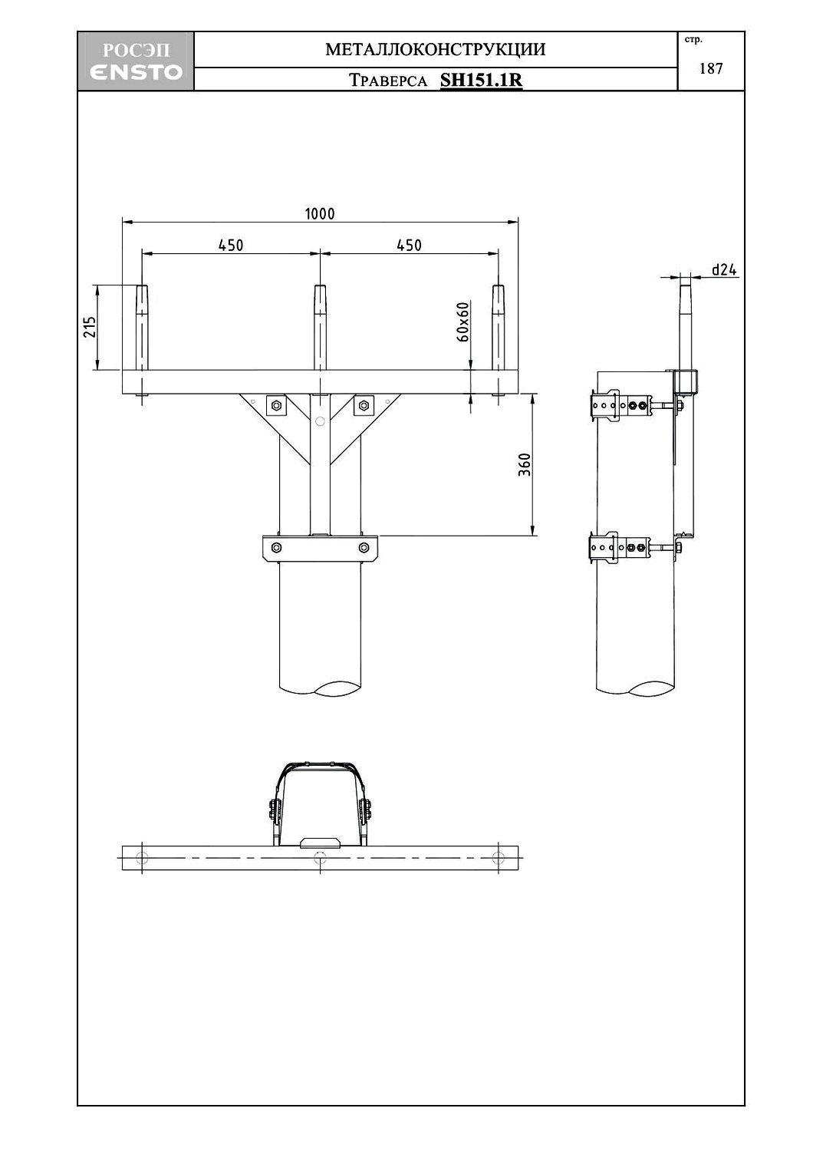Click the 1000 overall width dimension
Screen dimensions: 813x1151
point(320,213)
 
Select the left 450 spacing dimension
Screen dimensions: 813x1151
point(231,245)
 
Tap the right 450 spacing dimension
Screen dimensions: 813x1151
point(409,245)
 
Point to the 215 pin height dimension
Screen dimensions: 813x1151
point(90,327)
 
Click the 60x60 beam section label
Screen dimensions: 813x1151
point(462,322)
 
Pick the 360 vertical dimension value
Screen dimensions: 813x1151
point(525,464)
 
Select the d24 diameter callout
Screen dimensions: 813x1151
point(724,269)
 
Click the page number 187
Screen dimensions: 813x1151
point(711,68)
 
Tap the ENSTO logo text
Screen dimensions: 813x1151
point(136,72)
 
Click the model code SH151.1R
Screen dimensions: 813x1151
point(481,80)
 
